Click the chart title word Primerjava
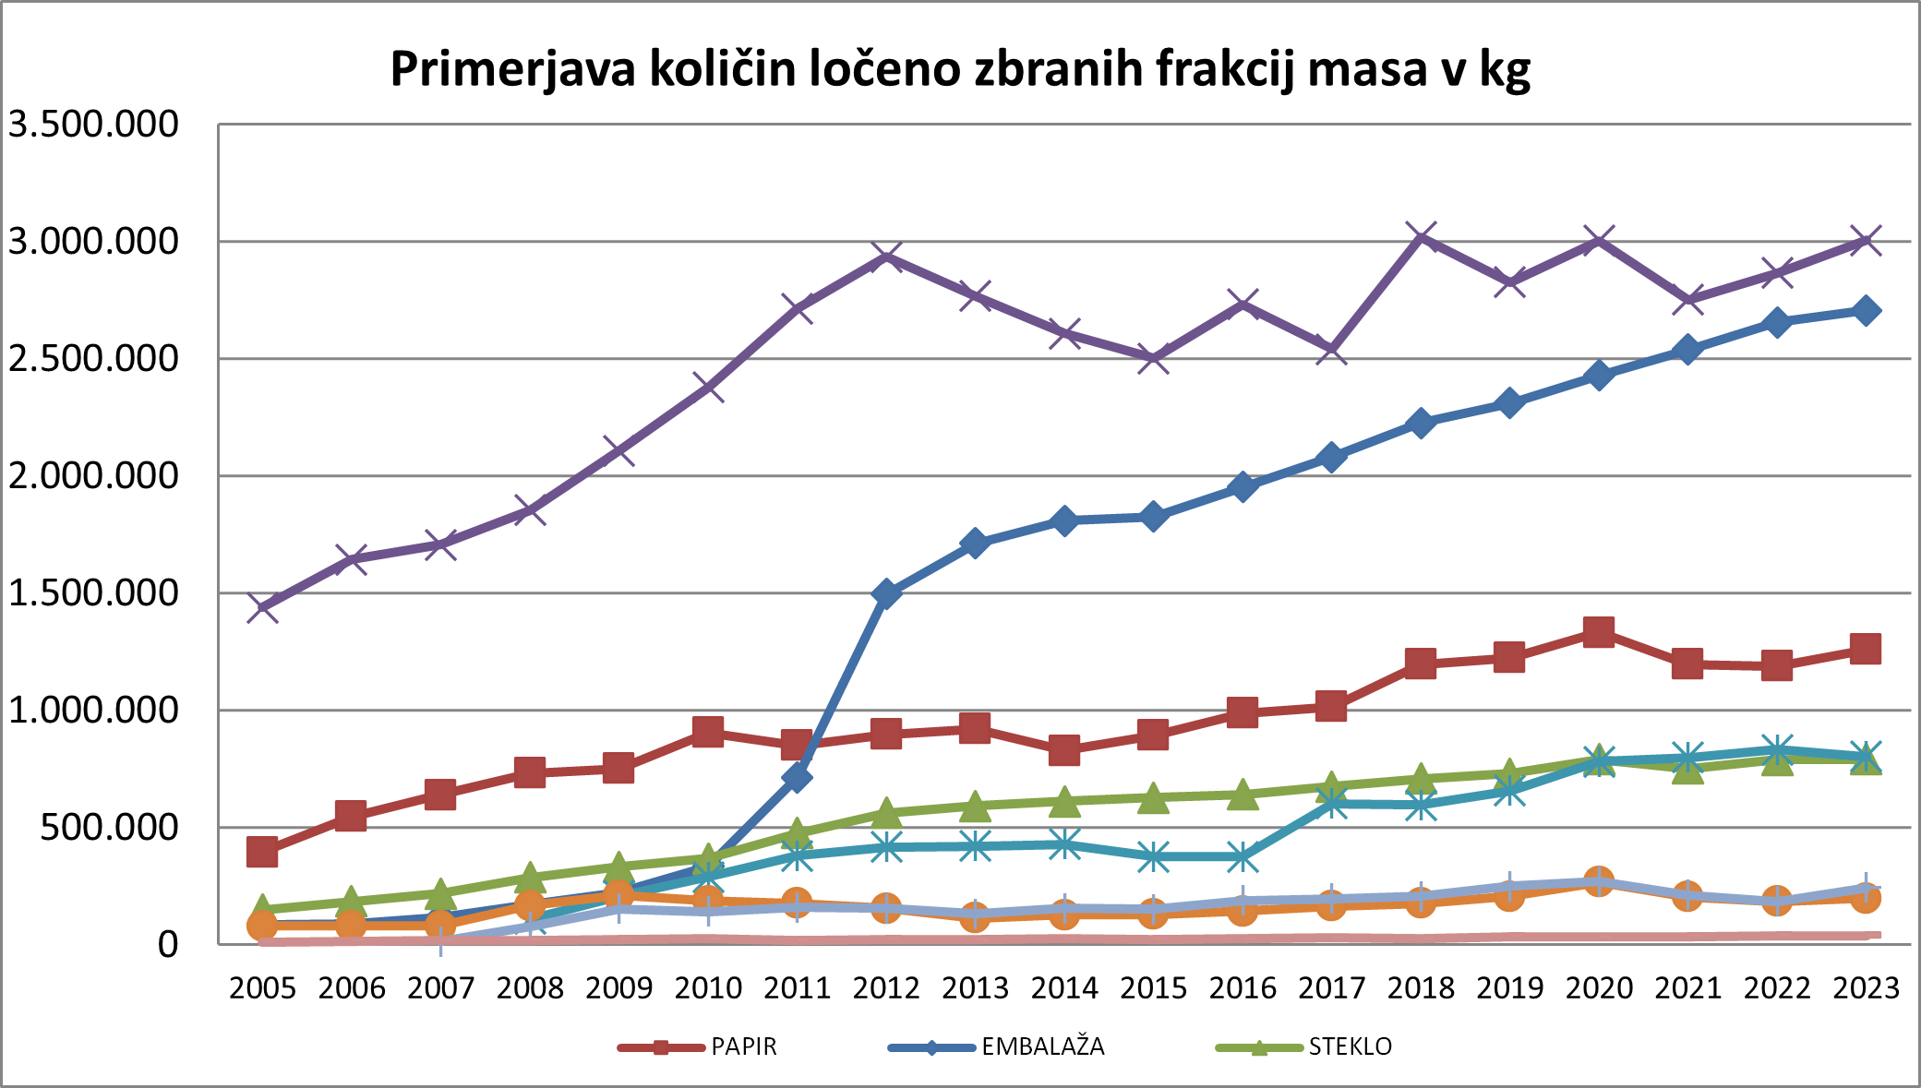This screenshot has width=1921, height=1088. click(x=512, y=70)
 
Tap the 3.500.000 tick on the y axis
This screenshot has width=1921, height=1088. click(x=93, y=124)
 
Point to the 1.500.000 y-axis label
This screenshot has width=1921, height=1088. click(x=93, y=592)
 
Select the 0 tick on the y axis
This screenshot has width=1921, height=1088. click(x=167, y=944)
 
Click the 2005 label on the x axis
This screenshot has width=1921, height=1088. click(x=262, y=988)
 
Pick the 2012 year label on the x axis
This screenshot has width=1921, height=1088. click(x=886, y=988)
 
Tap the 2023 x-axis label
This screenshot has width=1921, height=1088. click(x=1866, y=988)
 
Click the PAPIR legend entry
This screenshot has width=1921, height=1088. click(x=743, y=1046)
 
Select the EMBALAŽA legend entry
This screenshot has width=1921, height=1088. click(x=1042, y=1046)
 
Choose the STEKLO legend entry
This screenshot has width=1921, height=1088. click(x=1350, y=1046)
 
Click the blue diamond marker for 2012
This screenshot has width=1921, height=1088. click(x=886, y=592)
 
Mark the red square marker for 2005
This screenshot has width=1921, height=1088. click(x=262, y=852)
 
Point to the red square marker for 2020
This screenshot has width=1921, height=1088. click(x=1599, y=632)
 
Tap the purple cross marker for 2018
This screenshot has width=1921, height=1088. click(x=1421, y=237)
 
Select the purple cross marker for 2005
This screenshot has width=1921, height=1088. click(x=262, y=607)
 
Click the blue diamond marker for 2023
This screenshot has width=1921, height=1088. click(x=1866, y=310)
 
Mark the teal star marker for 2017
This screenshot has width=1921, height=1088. click(x=1331, y=803)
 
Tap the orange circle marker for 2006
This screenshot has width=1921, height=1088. click(x=351, y=925)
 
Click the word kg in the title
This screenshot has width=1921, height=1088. click(x=1505, y=70)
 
